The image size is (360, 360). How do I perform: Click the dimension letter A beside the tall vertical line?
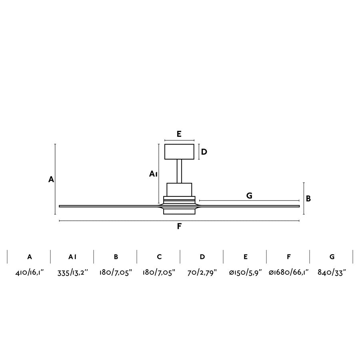click(51, 180)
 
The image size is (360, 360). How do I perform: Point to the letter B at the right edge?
click(308, 198)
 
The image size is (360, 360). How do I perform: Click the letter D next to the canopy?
click(204, 152)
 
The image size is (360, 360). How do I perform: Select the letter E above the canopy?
click(179, 134)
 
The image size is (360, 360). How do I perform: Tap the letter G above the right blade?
click(249, 196)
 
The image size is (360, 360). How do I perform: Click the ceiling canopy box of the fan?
click(179, 152)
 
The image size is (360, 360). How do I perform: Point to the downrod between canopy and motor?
click(179, 171)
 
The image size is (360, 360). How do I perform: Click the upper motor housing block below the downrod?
click(179, 189)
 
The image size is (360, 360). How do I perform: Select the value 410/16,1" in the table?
click(29, 273)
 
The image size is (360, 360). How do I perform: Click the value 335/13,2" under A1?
click(72, 273)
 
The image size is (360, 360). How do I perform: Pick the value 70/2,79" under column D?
click(202, 273)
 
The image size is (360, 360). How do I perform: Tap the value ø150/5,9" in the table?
click(245, 273)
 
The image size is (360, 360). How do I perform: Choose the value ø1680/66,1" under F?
click(288, 273)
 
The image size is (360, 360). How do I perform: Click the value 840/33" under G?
click(332, 273)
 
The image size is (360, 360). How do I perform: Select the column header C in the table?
click(159, 257)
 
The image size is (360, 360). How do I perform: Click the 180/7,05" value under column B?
click(116, 273)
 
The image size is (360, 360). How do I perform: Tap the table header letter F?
click(288, 257)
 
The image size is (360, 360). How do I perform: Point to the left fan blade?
click(108, 206)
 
